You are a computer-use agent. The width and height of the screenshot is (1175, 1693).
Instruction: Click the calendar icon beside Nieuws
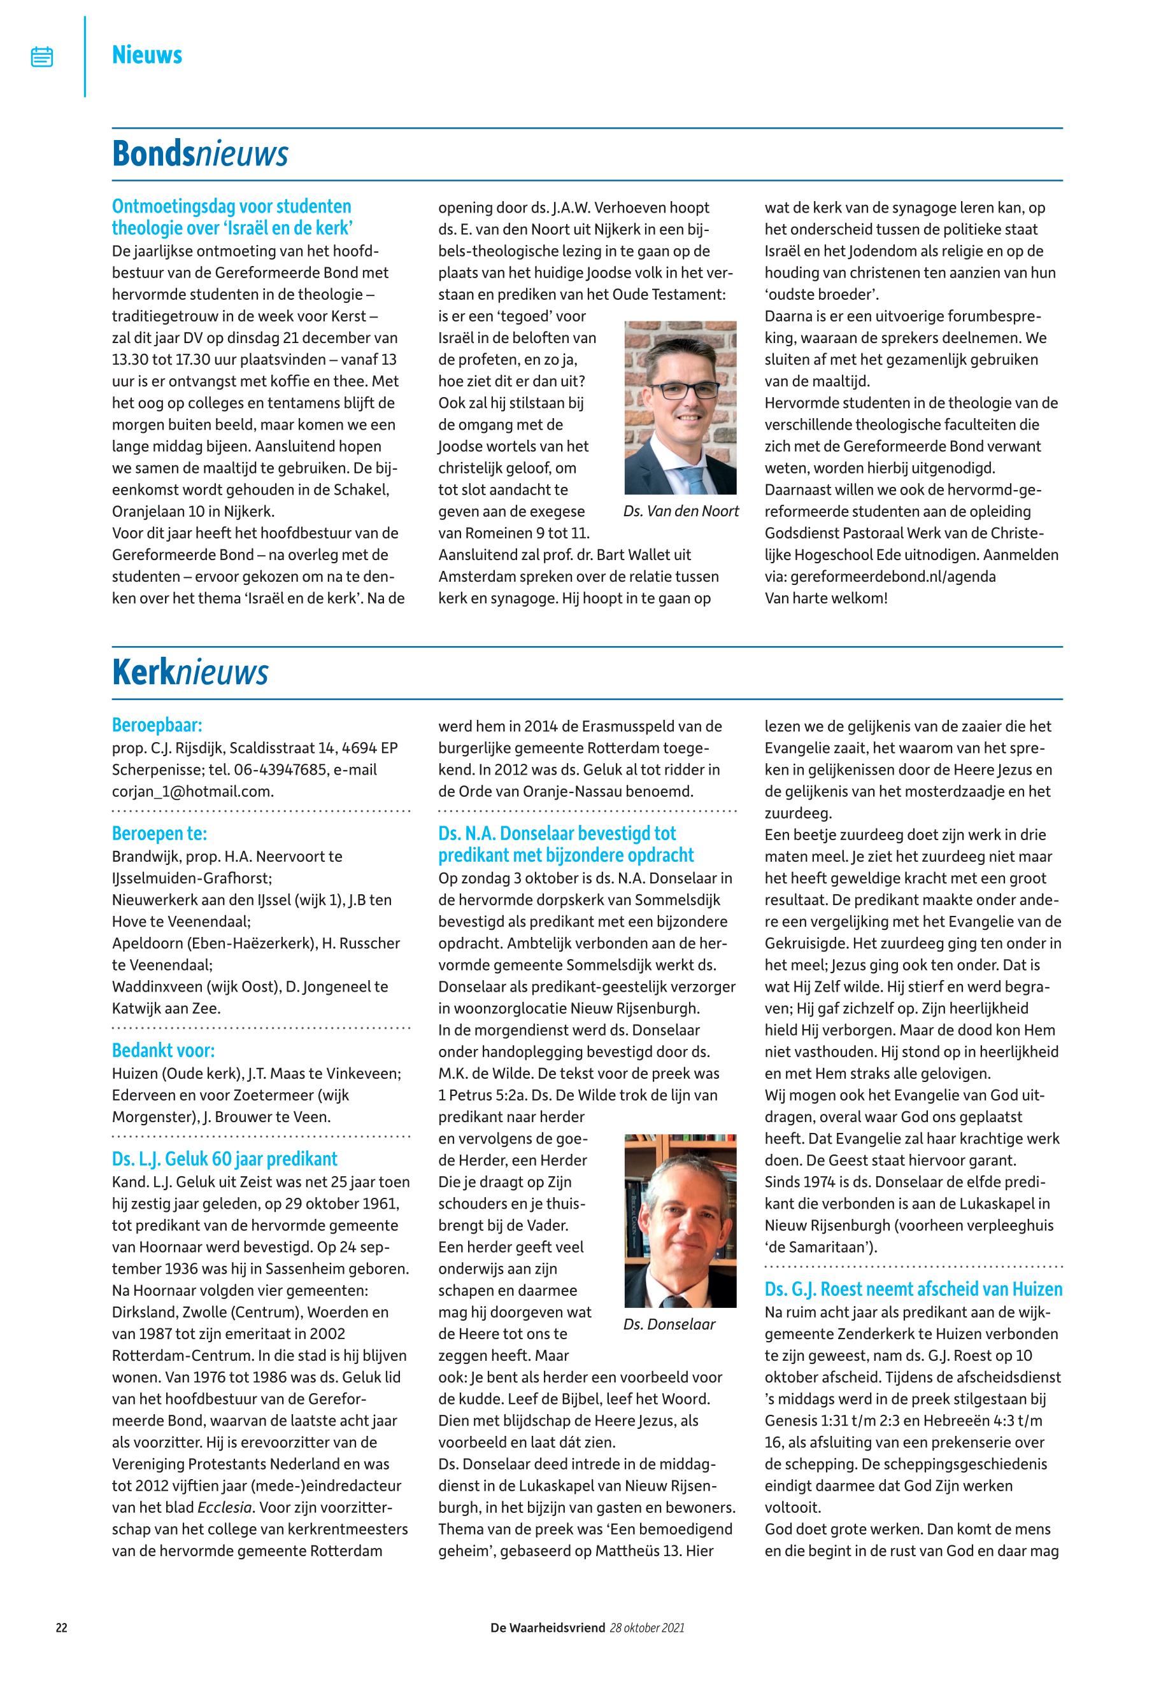(x=42, y=57)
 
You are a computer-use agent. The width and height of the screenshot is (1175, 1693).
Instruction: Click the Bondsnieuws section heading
(x=199, y=155)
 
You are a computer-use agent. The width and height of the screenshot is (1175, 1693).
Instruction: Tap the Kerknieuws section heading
(x=190, y=673)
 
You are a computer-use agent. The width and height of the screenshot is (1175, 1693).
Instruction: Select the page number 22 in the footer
(x=62, y=1627)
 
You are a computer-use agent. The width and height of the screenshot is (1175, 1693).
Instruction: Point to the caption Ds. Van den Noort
(x=680, y=511)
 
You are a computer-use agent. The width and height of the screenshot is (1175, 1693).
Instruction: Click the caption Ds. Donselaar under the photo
(x=669, y=1324)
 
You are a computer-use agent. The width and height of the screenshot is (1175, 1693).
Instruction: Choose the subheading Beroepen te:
(x=159, y=833)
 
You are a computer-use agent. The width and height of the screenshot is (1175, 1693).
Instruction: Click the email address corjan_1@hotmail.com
(x=192, y=792)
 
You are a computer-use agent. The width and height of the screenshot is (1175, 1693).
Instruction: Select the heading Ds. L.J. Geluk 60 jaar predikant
(x=225, y=1159)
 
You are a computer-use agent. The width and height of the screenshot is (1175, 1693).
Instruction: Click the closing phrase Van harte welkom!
(x=826, y=598)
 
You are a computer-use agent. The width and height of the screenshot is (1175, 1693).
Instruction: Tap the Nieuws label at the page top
(x=146, y=55)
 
